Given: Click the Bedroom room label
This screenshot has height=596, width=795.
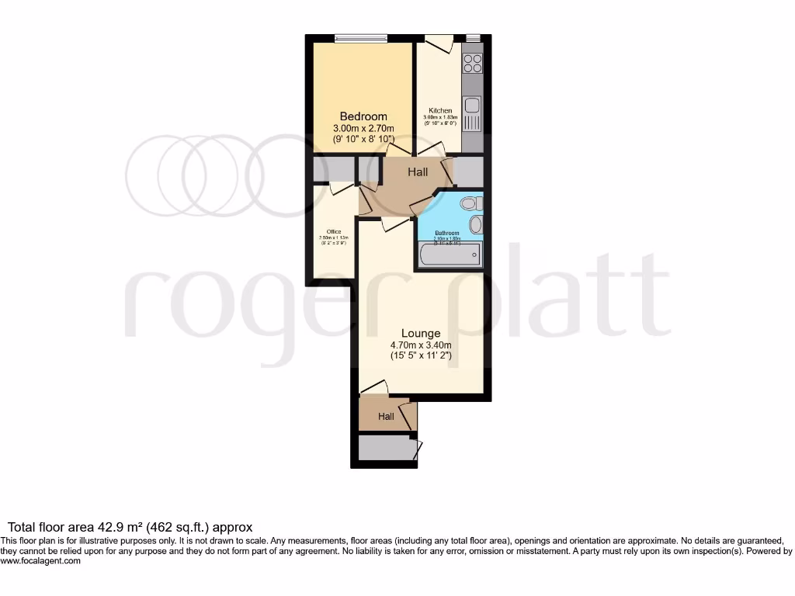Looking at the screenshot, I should tap(363, 116).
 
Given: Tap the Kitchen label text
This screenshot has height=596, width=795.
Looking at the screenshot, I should tap(440, 111).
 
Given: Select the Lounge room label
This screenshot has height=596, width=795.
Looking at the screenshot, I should tap(422, 334).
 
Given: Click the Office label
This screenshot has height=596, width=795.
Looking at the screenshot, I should tap(334, 231).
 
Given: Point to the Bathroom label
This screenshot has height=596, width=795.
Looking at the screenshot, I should tap(446, 233).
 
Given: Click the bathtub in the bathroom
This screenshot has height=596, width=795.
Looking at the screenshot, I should tap(450, 255).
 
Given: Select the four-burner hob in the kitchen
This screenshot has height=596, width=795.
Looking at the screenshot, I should tap(472, 63).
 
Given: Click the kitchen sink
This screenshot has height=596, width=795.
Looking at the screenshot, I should tap(472, 105).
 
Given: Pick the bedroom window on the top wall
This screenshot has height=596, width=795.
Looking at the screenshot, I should tap(361, 37).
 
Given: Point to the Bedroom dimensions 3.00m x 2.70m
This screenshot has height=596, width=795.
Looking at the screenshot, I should tap(363, 128).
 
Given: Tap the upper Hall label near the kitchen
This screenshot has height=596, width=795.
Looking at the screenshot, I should tap(418, 172).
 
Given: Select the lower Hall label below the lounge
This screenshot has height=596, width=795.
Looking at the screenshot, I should tap(386, 417).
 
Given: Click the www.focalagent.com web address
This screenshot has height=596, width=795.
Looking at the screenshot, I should tap(40, 561).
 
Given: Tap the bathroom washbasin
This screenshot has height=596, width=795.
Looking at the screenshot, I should tap(476, 225).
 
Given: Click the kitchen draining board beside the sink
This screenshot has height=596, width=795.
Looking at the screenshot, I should tap(472, 122).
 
